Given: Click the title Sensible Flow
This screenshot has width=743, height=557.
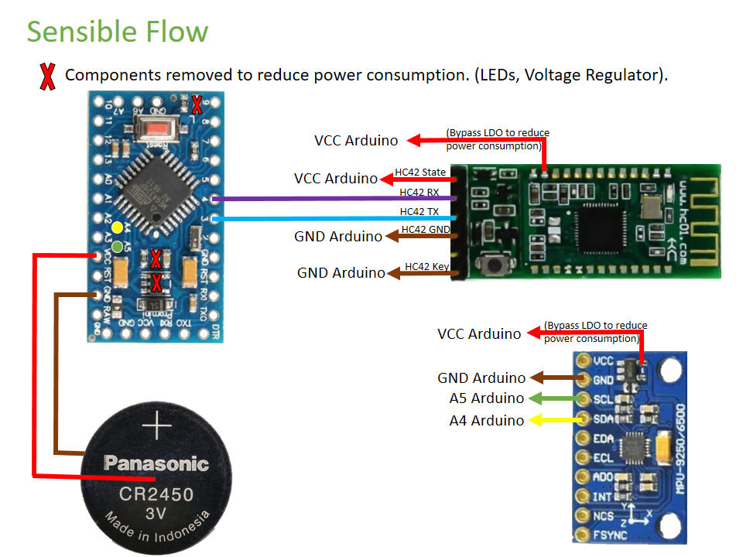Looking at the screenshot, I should coord(118,32).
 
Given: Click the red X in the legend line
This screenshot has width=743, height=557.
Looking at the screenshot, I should coord(47,76).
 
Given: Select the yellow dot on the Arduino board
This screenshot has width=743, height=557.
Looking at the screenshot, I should coord(117,227).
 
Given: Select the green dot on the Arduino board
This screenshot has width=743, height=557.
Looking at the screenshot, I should coord(117,247).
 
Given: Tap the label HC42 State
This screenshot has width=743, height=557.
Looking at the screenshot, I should coord(420,172).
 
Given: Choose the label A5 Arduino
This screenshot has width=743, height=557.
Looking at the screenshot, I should coord(486,399).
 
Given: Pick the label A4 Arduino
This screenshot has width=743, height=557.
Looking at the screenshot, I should coord(486,421).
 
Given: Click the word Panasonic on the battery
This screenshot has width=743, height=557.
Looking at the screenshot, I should coord(156,463).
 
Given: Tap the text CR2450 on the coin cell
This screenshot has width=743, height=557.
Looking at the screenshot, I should coord(156,493).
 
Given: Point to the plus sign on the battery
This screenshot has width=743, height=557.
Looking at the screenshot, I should coord(156,427).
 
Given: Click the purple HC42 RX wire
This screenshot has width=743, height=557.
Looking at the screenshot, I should coord(333,199).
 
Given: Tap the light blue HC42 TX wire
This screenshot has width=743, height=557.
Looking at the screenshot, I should coord(333,219).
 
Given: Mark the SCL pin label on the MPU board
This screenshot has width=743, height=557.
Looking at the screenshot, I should coord(604,399).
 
